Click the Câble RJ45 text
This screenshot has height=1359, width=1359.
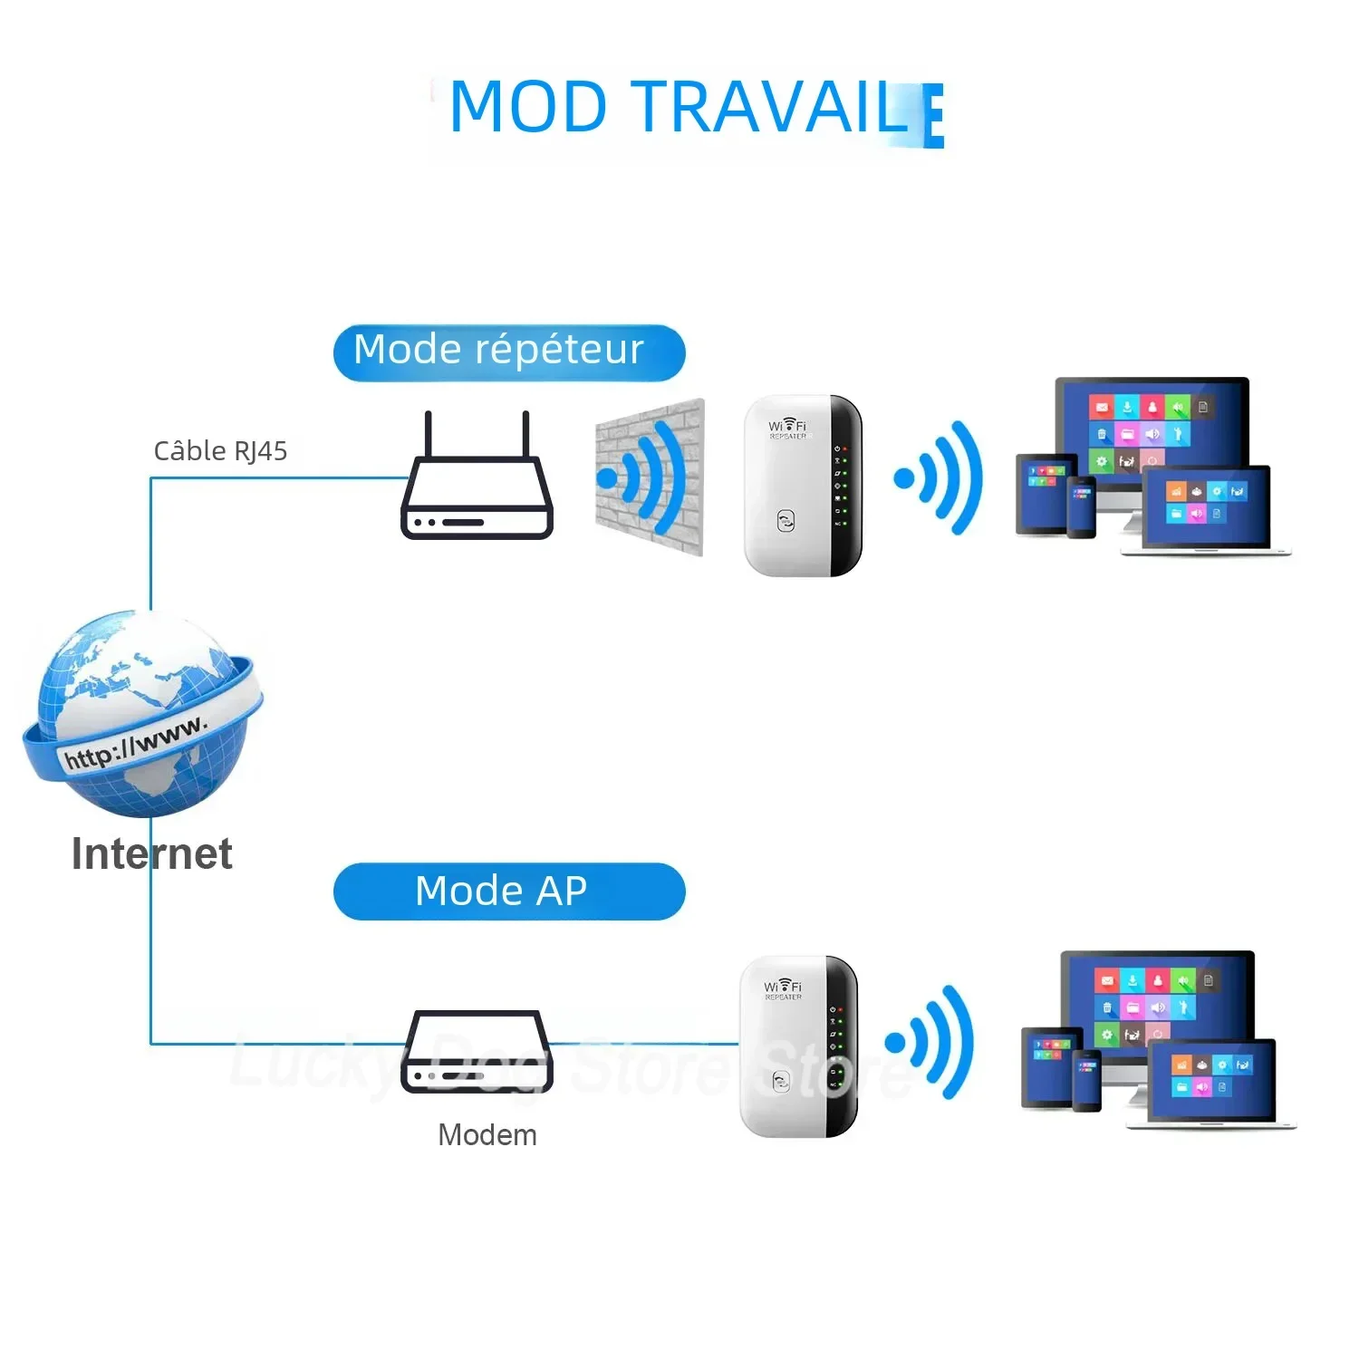pyautogui.click(x=220, y=450)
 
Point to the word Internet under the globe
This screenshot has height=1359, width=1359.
pyautogui.click(x=151, y=853)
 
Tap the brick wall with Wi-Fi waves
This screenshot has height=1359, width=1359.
pyautogui.click(x=650, y=477)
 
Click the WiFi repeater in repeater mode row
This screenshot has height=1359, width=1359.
pyautogui.click(x=801, y=486)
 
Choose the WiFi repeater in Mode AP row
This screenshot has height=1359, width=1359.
pyautogui.click(x=797, y=1046)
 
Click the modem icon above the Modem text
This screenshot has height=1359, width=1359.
pyautogui.click(x=477, y=1053)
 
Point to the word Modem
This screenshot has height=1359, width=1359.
pyautogui.click(x=487, y=1134)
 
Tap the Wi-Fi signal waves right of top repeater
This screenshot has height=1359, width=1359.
pyautogui.click(x=942, y=477)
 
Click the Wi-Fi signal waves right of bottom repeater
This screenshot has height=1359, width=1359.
pyautogui.click(x=933, y=1042)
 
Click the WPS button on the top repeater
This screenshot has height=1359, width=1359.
pyautogui.click(x=786, y=521)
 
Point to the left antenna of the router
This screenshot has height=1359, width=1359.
pyautogui.click(x=429, y=435)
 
